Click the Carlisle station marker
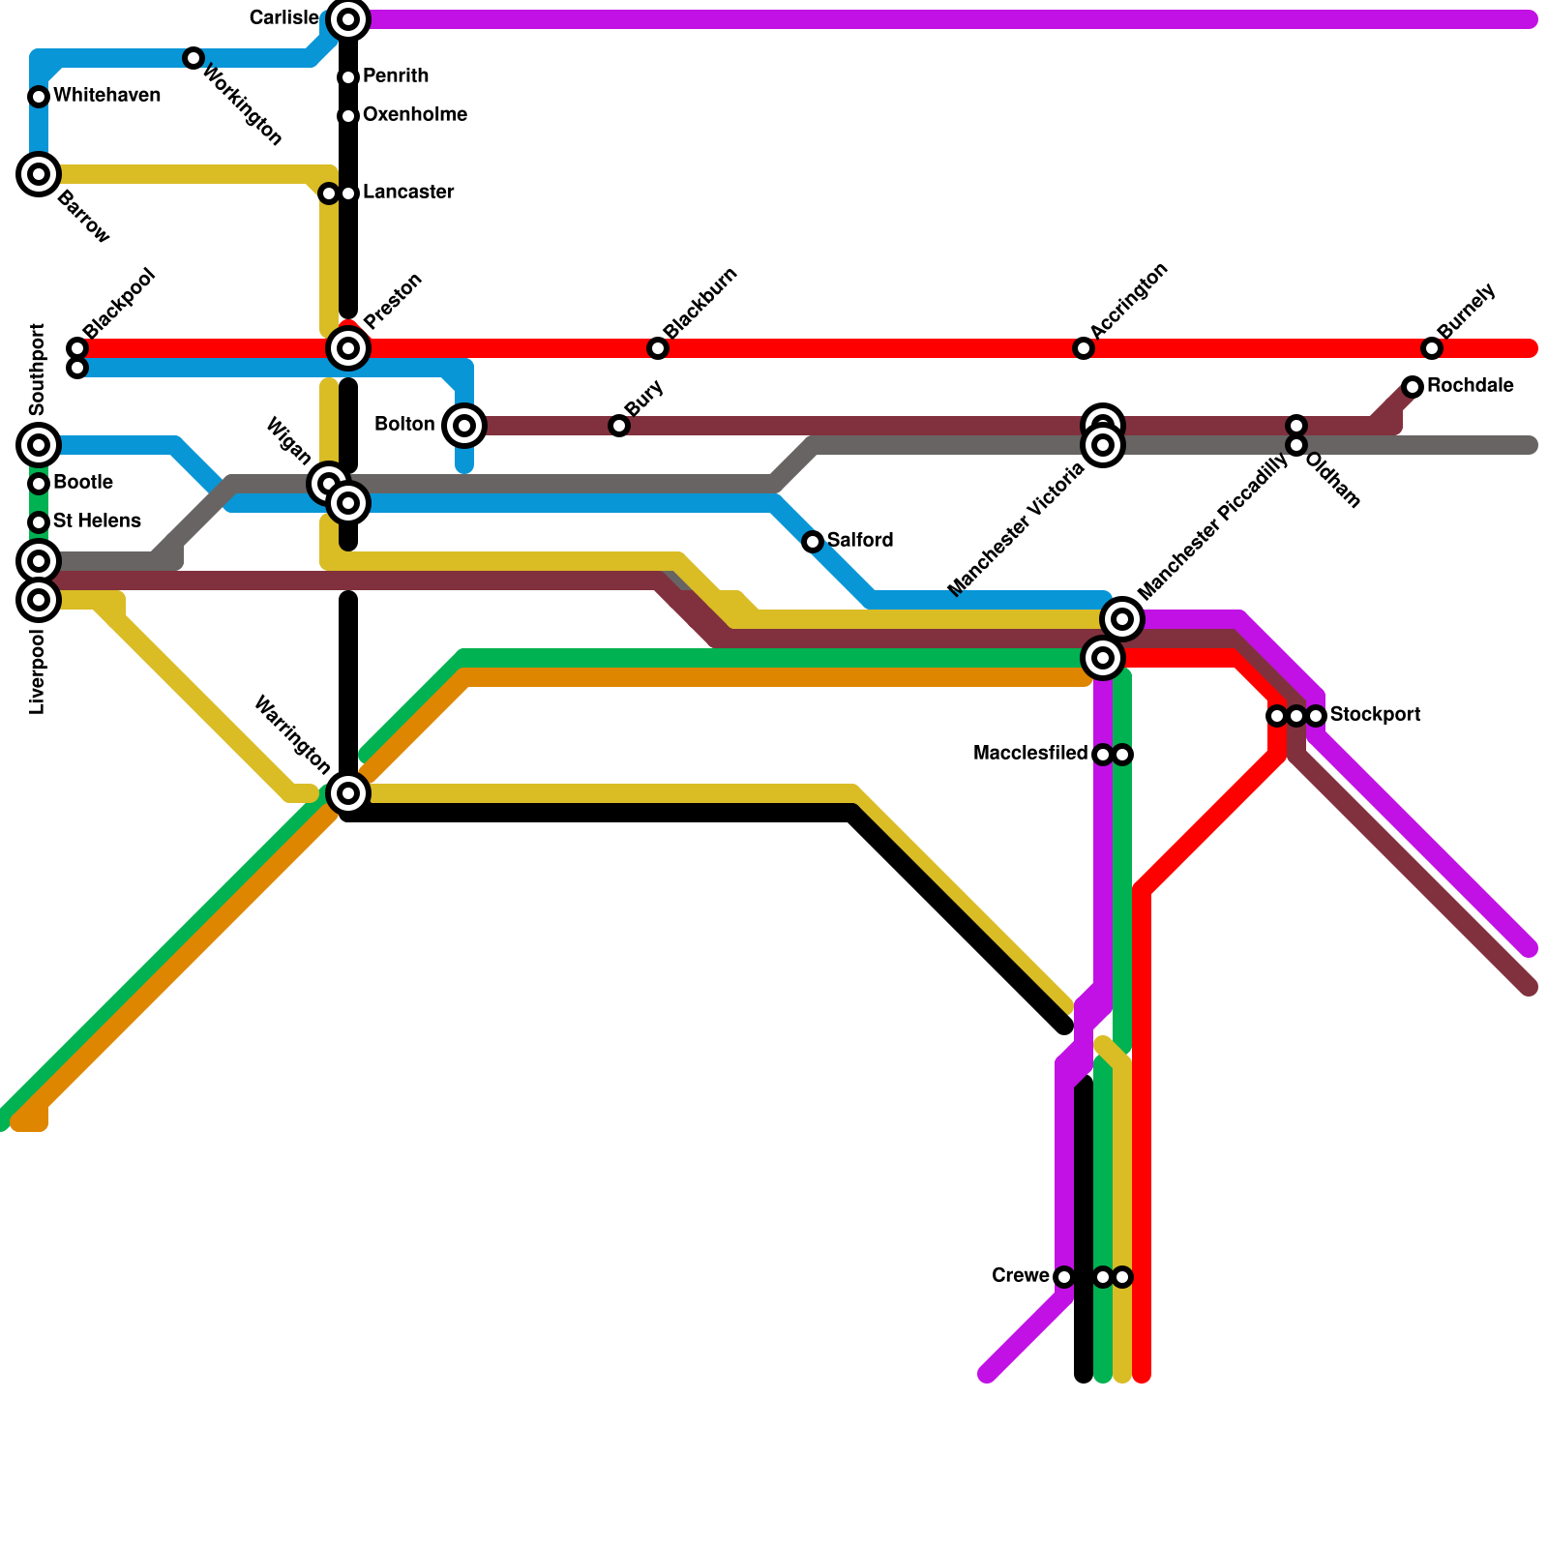tap(348, 18)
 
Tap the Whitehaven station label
tap(106, 96)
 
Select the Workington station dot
tap(193, 58)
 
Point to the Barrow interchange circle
tap(39, 174)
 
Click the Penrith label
tap(396, 76)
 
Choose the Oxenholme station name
tap(415, 115)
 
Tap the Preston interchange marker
tap(348, 347)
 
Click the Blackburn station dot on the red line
tap(658, 348)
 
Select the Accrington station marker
tap(1084, 348)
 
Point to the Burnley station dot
tap(1432, 348)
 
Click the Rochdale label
tap(1470, 386)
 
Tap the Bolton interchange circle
tap(464, 425)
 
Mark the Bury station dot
tap(619, 426)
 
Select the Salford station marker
tap(813, 542)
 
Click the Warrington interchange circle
tap(348, 793)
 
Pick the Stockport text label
tap(1375, 715)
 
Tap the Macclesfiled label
tap(1030, 754)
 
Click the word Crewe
tap(1021, 1276)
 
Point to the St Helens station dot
tap(39, 522)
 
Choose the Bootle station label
tap(83, 483)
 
